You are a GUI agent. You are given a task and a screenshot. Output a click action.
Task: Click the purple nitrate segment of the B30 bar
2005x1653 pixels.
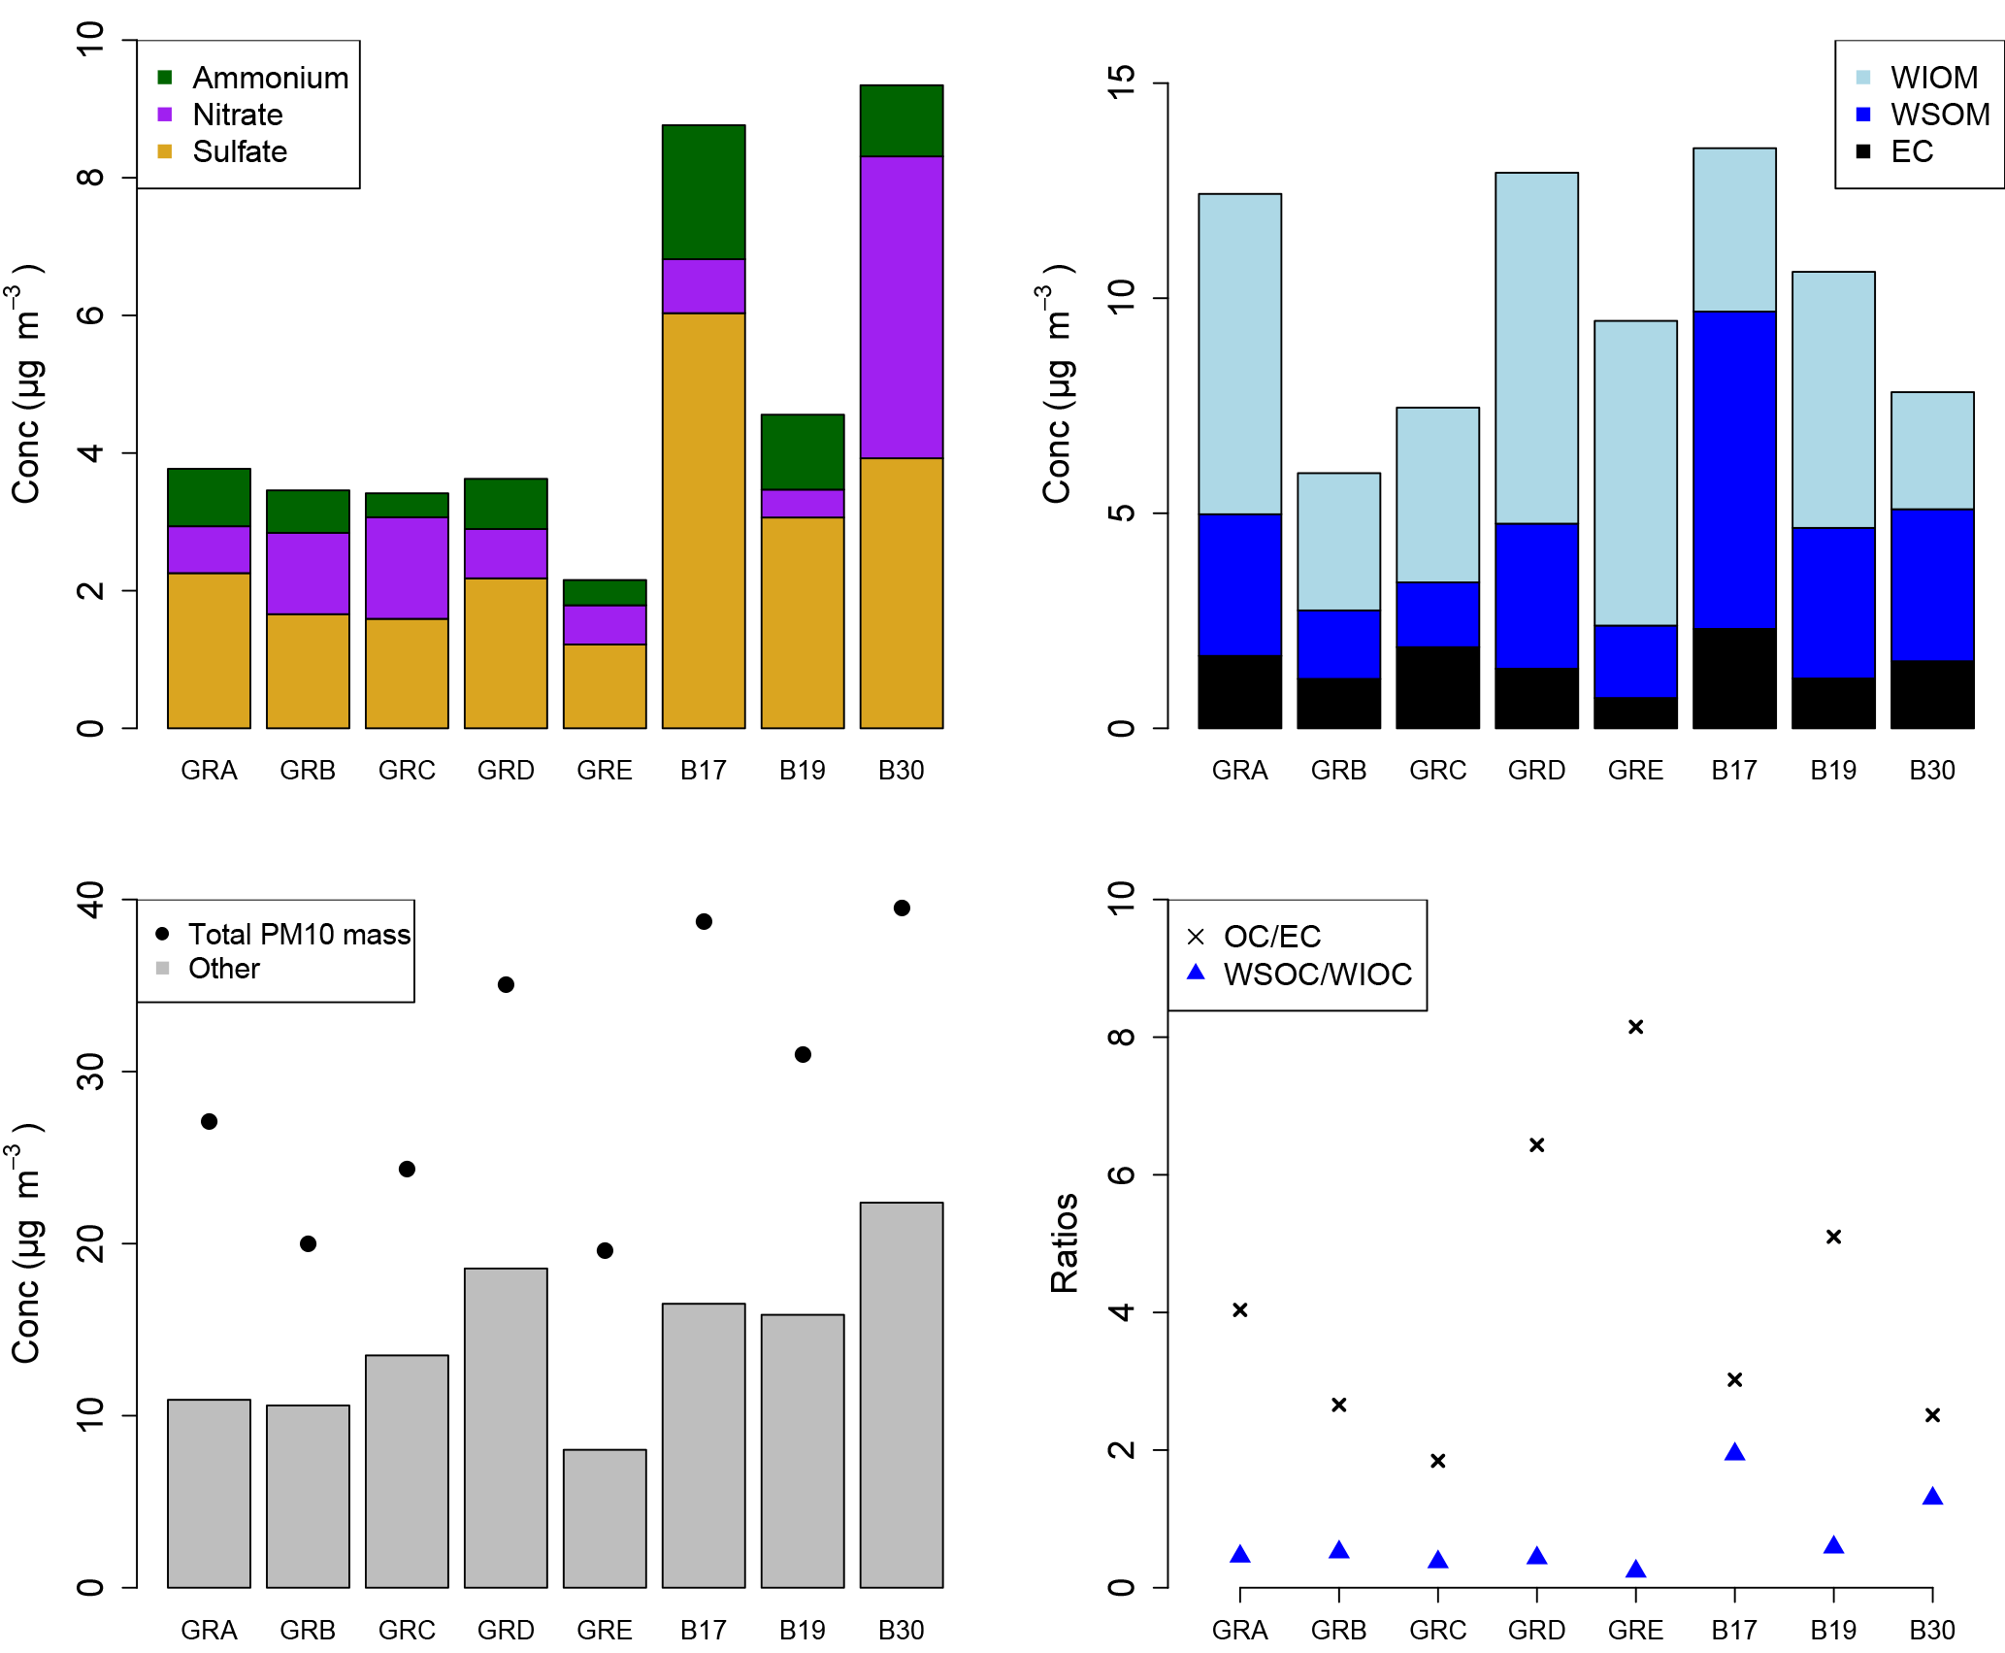pos(901,307)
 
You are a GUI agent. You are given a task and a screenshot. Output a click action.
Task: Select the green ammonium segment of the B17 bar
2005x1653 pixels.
pos(704,192)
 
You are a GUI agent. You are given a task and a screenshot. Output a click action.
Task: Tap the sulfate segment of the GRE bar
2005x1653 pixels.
pos(605,685)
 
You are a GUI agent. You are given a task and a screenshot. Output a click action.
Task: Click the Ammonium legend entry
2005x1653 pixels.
pos(252,78)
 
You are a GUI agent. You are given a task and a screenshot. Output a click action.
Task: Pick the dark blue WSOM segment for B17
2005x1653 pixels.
pos(1734,470)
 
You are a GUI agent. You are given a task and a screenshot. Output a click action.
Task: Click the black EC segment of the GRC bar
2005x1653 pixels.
pos(1437,687)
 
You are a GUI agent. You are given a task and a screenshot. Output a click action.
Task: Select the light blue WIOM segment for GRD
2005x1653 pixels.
pos(1536,347)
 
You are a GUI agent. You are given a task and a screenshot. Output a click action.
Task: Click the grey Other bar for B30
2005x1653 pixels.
pos(901,1395)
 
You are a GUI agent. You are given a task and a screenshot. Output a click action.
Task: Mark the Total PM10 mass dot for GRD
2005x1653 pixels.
pos(506,984)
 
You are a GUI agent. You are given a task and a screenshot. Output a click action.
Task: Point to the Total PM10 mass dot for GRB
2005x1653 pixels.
pos(308,1243)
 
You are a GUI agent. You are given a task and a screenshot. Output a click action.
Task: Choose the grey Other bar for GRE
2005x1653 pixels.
pos(605,1518)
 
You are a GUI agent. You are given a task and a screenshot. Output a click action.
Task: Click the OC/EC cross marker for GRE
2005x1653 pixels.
pos(1635,1027)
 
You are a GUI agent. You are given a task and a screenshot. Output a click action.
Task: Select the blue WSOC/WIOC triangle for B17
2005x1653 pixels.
pos(1734,1452)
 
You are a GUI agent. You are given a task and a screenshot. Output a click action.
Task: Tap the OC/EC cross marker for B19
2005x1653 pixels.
pos(1833,1237)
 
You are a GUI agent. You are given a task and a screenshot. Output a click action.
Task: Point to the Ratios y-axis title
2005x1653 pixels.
pos(1065,1243)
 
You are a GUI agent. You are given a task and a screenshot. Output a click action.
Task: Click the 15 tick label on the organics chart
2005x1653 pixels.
pos(1121,83)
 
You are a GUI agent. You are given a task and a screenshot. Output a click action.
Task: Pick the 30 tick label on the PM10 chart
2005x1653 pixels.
pos(90,1072)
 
